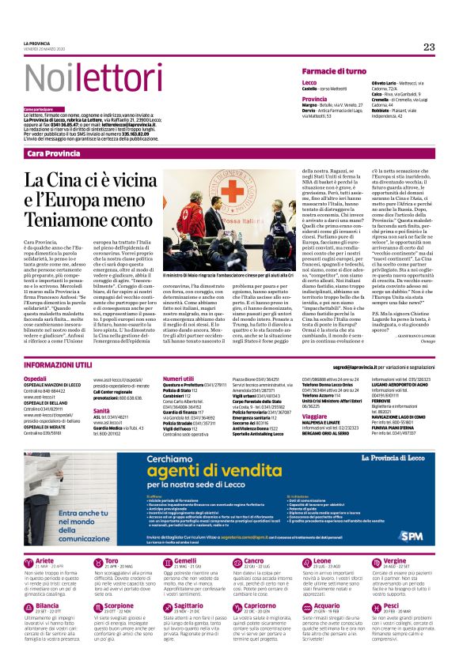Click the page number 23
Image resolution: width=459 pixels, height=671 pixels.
pyautogui.click(x=429, y=47)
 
